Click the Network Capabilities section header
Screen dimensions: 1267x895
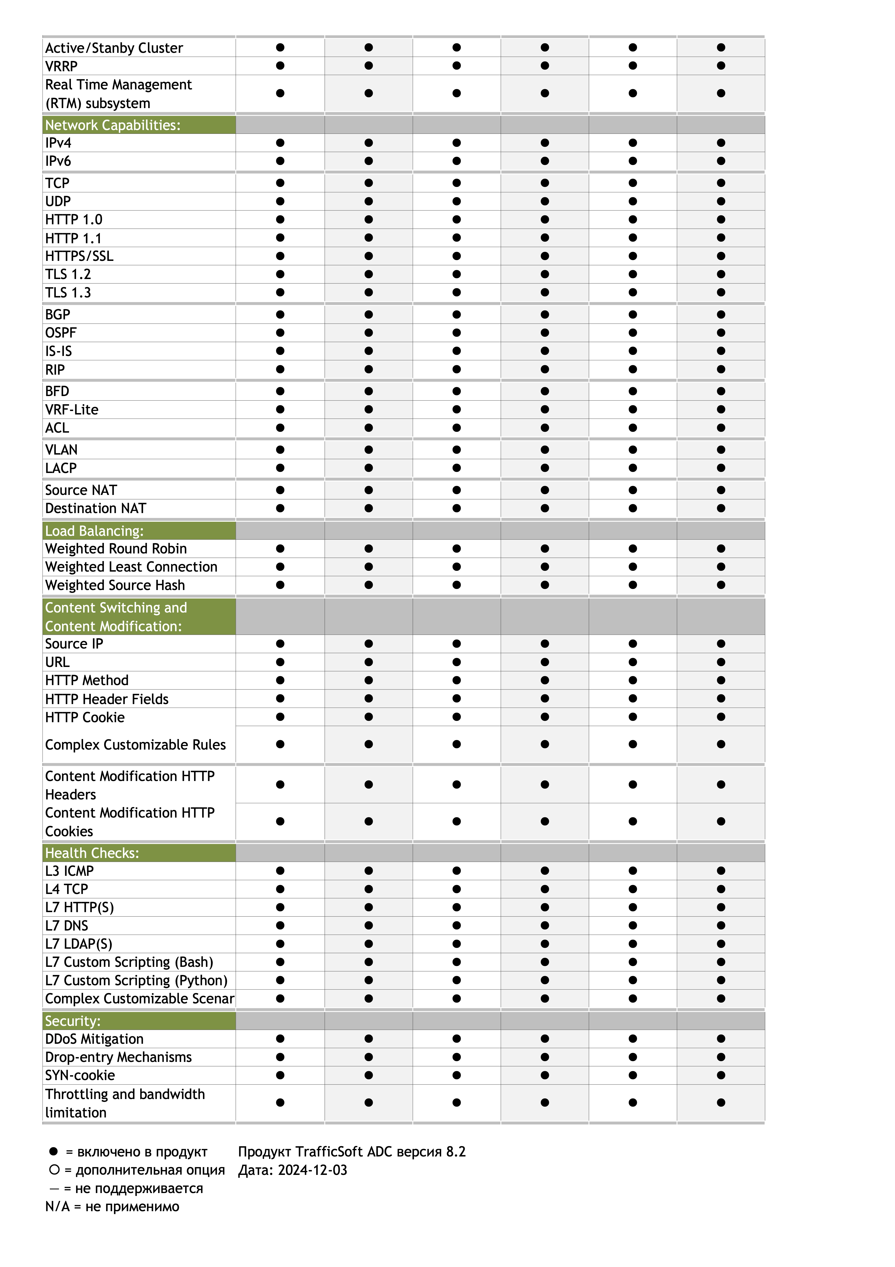(x=113, y=125)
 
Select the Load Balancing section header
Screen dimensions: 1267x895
(x=94, y=531)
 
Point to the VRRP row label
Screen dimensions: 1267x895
(x=61, y=66)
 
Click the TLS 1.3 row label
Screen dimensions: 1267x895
(x=68, y=293)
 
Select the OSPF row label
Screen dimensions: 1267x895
(x=61, y=333)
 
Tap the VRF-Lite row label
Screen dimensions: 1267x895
(x=72, y=409)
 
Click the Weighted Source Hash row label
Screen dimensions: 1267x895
(x=115, y=585)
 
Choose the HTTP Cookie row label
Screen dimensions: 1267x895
(x=85, y=717)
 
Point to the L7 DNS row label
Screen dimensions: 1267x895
(x=67, y=925)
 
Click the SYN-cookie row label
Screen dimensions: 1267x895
(x=80, y=1075)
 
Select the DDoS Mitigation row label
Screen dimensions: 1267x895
(x=94, y=1039)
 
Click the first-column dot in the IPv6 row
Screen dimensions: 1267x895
(x=280, y=161)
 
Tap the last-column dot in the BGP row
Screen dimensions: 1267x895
(x=721, y=315)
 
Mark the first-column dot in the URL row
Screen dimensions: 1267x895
(x=280, y=662)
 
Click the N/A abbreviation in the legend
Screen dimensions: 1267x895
(x=57, y=1206)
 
